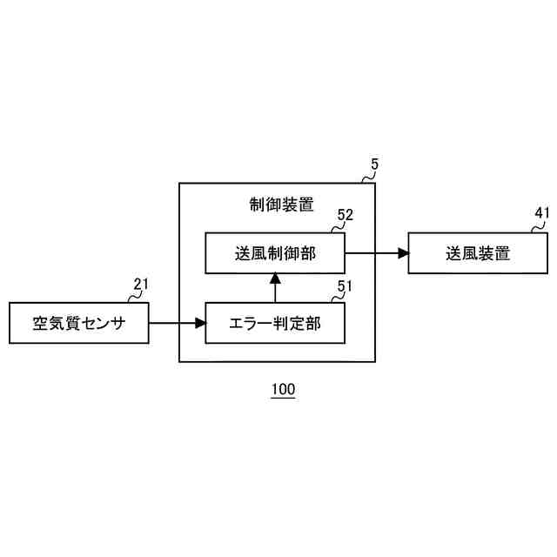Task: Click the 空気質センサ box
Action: point(78,323)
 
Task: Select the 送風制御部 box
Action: point(274,252)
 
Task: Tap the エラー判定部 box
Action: point(274,323)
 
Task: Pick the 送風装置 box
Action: point(478,252)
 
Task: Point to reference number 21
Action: point(141,284)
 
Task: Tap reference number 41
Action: point(542,213)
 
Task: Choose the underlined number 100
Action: point(283,389)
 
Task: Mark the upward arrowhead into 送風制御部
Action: point(274,278)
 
